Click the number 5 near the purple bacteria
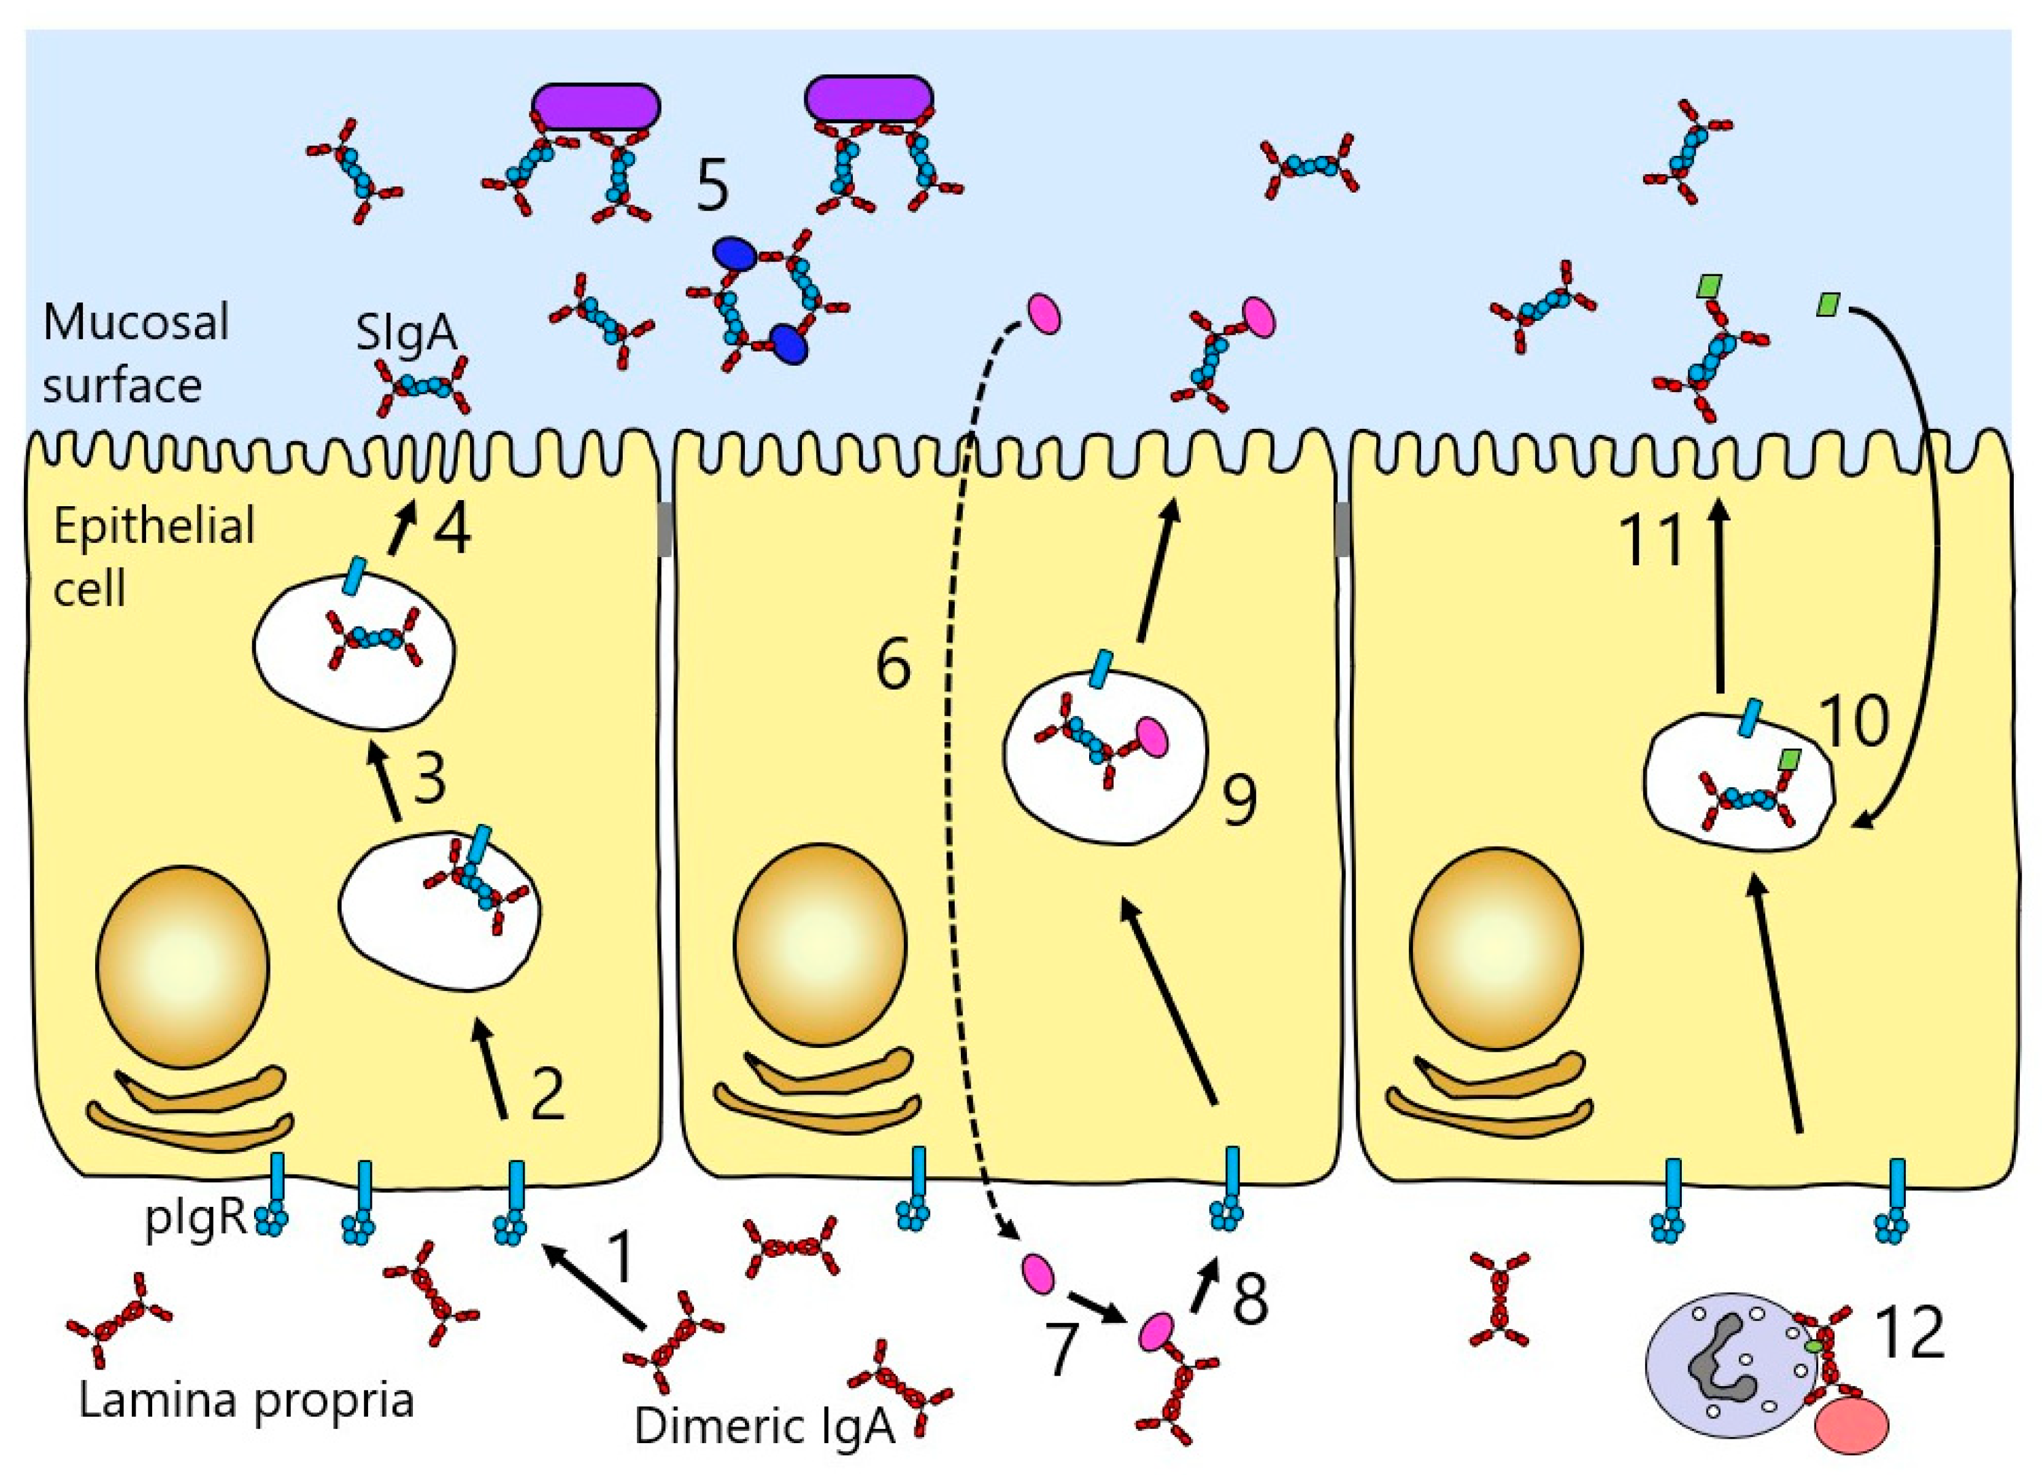click(x=712, y=187)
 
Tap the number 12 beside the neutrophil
click(x=1909, y=1333)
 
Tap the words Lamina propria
click(x=246, y=1400)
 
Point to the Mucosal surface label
click(x=135, y=353)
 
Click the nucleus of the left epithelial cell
click(x=183, y=966)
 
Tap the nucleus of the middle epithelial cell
click(x=819, y=945)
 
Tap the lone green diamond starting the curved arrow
click(x=1828, y=304)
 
